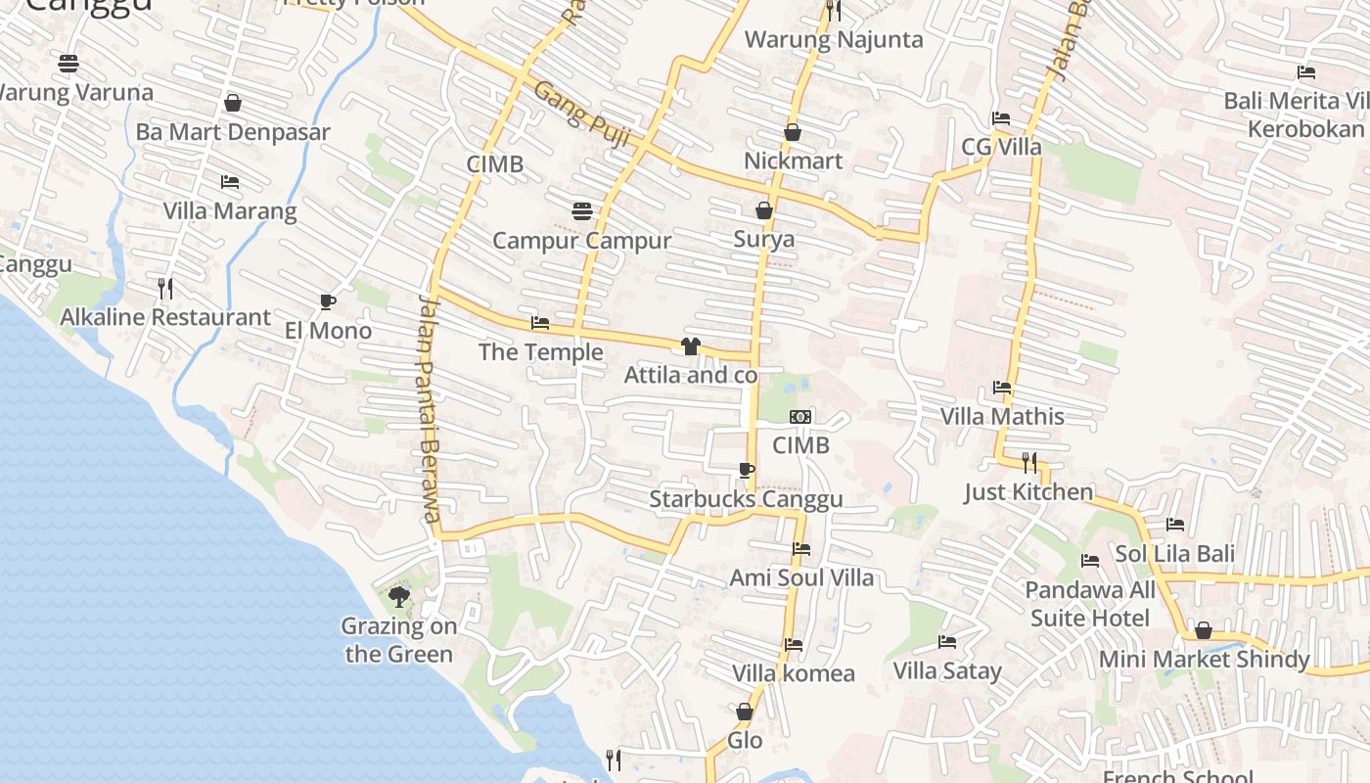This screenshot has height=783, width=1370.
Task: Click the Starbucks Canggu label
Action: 746,500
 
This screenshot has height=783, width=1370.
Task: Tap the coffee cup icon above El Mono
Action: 328,301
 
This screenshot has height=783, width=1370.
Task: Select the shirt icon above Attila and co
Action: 691,345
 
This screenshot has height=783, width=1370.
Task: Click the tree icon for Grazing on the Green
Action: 398,596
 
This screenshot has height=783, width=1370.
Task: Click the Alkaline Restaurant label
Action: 165,317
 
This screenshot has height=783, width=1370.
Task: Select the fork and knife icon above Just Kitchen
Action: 1029,462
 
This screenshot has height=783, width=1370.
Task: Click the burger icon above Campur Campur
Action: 582,211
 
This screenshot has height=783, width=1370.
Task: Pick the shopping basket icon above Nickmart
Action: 793,132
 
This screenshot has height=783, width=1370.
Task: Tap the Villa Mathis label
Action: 1002,416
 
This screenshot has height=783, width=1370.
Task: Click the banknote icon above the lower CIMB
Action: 800,417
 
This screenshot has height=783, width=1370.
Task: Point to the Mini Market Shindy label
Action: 1204,660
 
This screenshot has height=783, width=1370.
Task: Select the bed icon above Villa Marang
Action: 230,182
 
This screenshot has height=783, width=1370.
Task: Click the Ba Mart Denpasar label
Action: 233,132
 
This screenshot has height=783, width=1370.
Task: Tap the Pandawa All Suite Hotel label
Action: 1090,604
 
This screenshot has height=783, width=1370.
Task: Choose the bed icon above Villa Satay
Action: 947,642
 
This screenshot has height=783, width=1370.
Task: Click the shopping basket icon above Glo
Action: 745,712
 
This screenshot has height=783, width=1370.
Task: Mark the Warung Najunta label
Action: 834,40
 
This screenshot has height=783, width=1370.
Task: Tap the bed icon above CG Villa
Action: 1001,118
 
